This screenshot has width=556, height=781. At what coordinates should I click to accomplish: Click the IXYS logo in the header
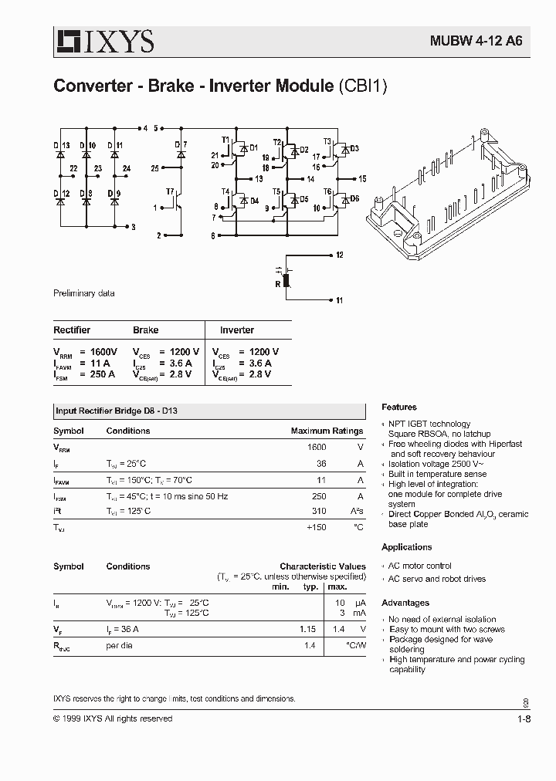coord(103,41)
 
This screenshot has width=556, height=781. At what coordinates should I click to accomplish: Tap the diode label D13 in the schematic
coord(62,145)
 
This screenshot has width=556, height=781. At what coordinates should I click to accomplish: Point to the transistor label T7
coord(170,191)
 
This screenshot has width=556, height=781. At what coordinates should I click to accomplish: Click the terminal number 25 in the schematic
coord(155,167)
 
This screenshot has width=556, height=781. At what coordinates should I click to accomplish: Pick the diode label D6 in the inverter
coord(354,198)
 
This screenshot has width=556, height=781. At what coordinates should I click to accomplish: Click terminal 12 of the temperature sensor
coord(340,255)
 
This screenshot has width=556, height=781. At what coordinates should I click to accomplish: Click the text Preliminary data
coord(83,294)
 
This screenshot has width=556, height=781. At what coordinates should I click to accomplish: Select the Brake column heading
coord(145,330)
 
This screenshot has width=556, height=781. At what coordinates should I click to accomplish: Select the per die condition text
coord(120,645)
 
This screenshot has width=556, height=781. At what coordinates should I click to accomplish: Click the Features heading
coord(399,407)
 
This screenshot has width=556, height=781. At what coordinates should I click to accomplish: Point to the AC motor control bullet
coord(419,566)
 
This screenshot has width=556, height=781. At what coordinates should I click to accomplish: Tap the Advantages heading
coord(405,603)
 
